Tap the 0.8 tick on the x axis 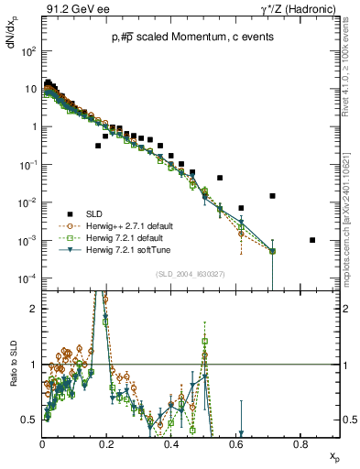click(x=300, y=442)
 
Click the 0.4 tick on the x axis click(x=171, y=442)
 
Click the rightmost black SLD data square click(x=312, y=240)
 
